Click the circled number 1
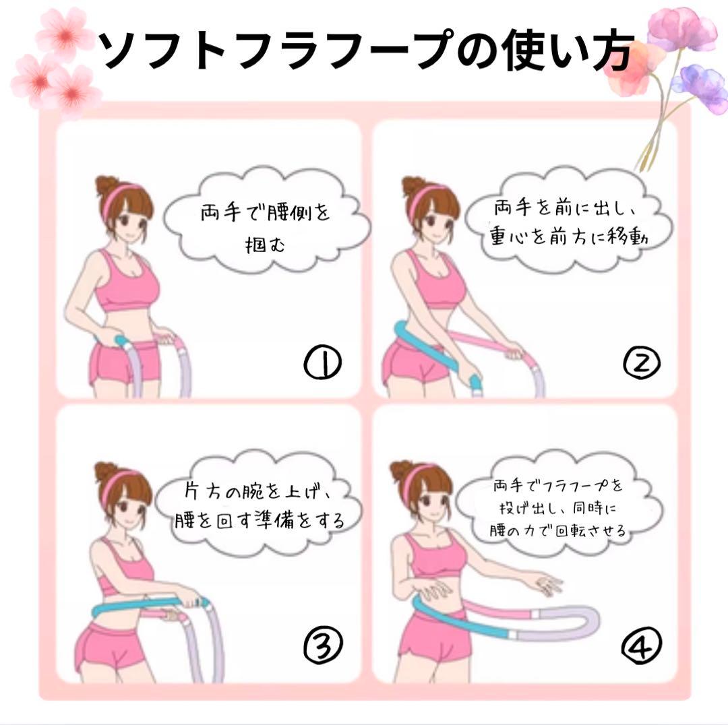coord(322,363)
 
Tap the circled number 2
coord(641,363)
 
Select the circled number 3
coord(323,644)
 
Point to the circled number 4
coord(641,645)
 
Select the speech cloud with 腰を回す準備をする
coord(260,503)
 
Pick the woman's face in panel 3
coord(127,506)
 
